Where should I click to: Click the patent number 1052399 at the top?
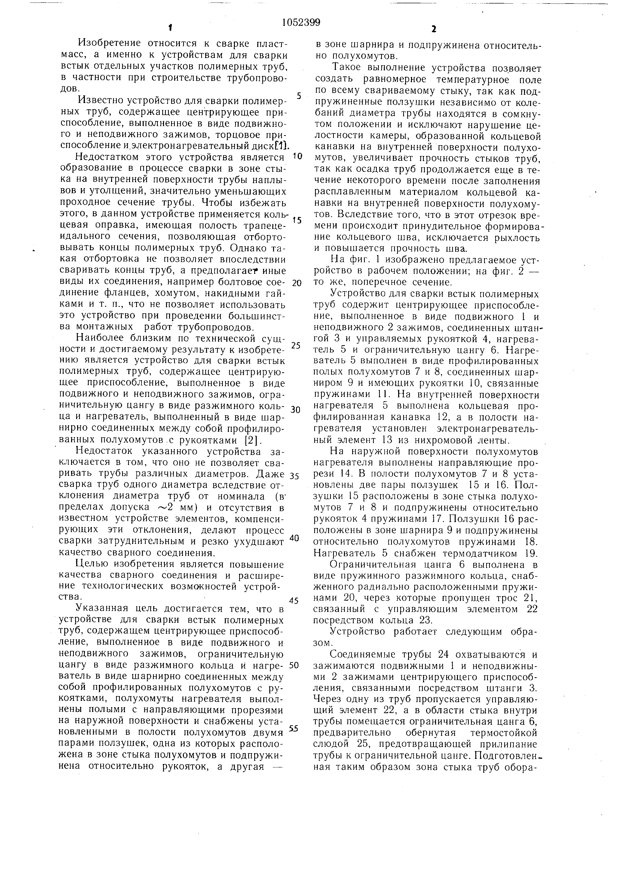(x=301, y=23)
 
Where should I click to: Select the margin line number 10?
(x=297, y=156)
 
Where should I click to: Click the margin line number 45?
(x=294, y=600)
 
